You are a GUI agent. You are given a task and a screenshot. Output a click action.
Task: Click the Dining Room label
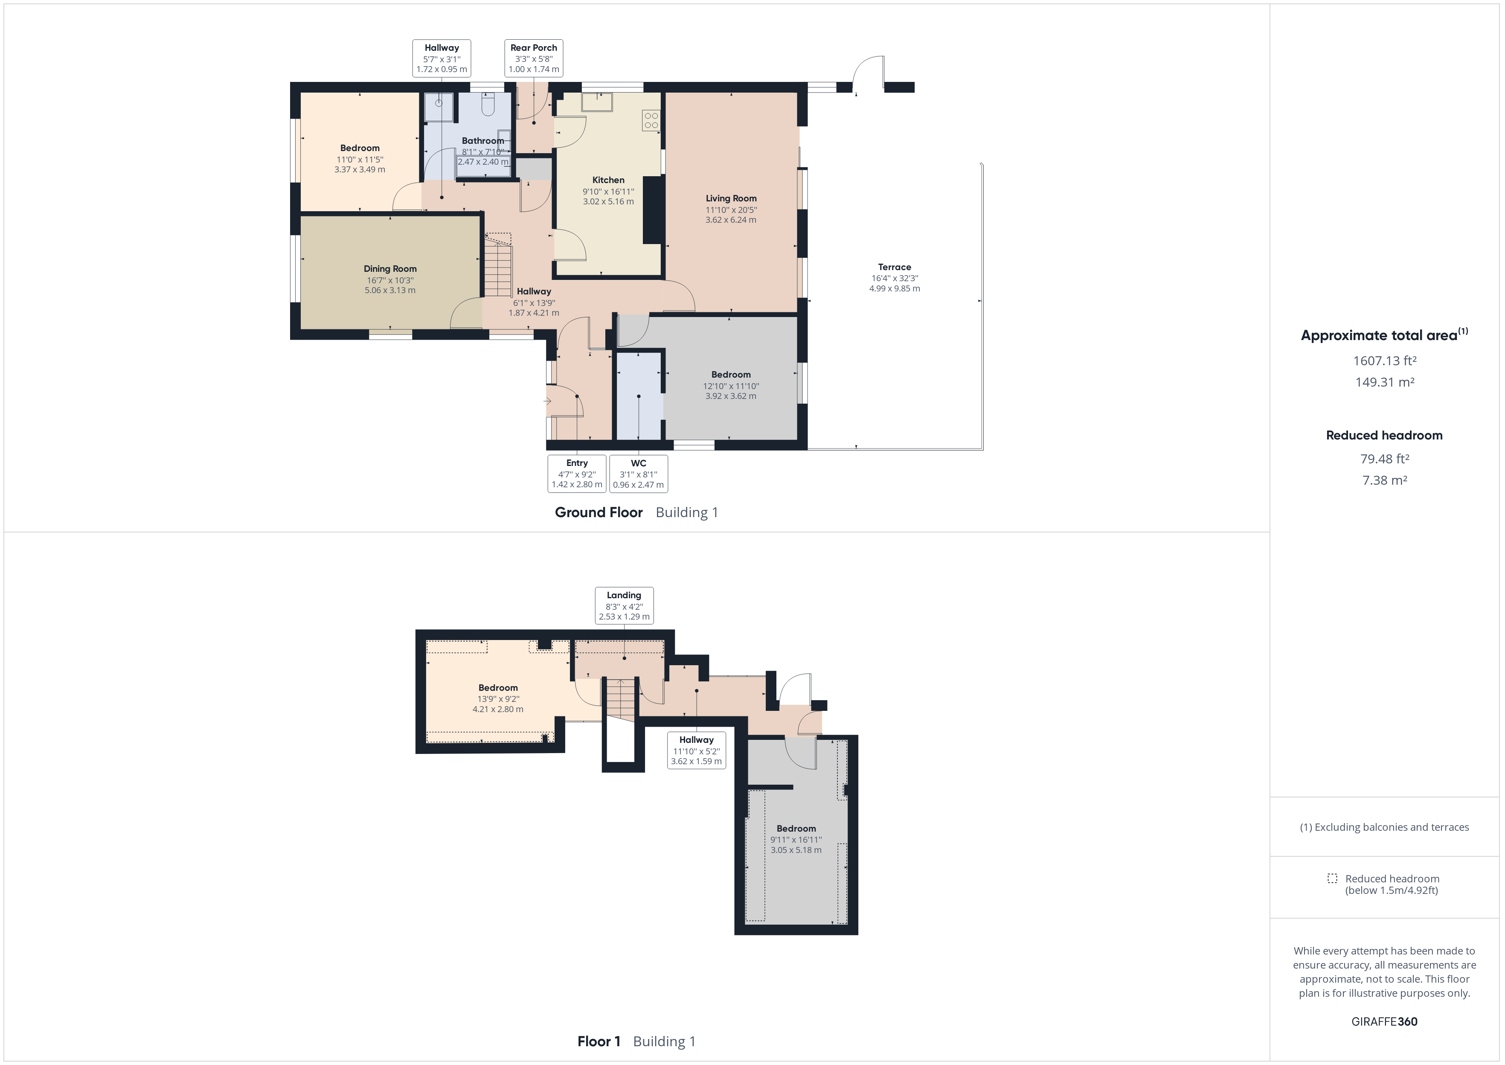[390, 269]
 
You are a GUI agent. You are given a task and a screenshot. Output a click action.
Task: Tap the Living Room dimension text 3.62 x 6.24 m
[731, 220]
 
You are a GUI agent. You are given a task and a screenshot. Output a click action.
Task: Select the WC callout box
[639, 474]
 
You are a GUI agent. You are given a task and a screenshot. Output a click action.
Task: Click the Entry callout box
[577, 474]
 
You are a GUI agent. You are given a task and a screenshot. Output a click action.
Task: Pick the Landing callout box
[624, 605]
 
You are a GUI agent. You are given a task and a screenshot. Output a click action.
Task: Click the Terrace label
[895, 267]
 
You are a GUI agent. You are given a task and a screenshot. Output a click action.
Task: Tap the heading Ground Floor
[599, 512]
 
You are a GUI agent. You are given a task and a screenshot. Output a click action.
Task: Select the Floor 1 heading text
[599, 1042]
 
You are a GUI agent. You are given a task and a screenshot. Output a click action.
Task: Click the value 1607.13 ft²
[1384, 361]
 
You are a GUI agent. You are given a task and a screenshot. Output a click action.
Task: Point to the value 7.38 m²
[1384, 480]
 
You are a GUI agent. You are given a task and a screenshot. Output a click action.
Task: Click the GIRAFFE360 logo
[1384, 1021]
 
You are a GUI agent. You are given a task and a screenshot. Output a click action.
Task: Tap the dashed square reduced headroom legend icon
[1332, 878]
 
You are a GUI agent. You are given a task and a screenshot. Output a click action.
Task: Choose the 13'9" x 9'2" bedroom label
[498, 688]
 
